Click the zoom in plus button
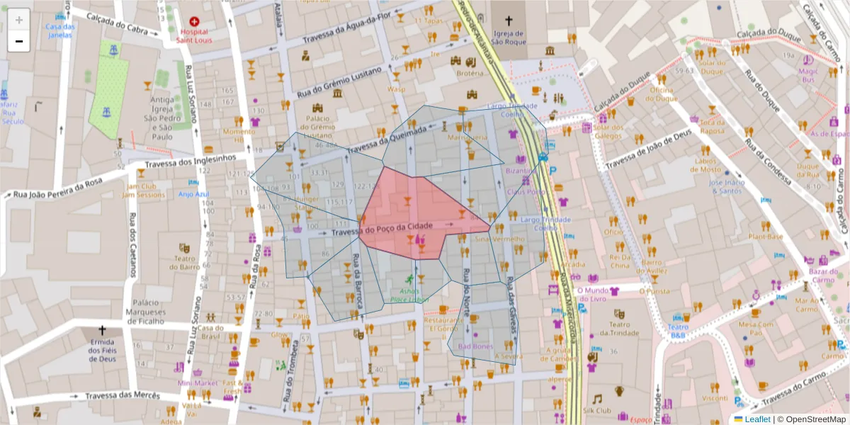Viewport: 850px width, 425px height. tap(19, 20)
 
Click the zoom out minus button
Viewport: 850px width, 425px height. tap(19, 41)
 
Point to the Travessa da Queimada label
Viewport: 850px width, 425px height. tap(387, 138)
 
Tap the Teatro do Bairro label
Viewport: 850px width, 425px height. tap(185, 263)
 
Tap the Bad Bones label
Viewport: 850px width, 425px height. tap(475, 346)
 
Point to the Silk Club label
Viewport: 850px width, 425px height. tap(596, 410)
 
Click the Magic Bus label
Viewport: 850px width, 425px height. tap(808, 75)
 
